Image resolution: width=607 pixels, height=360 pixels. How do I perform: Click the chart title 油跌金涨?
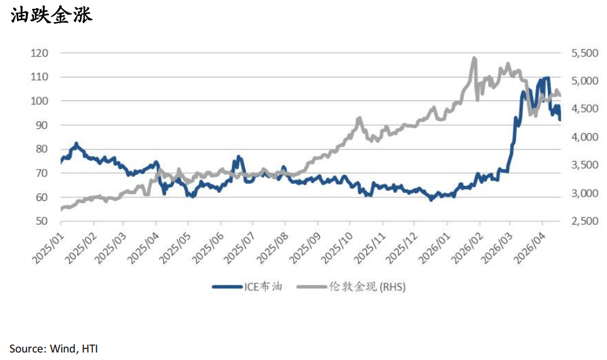[52, 15]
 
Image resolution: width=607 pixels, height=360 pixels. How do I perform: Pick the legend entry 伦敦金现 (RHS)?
[368, 287]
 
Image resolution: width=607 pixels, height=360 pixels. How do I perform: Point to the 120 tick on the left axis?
[39, 53]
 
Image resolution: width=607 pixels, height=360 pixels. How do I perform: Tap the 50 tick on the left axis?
[41, 221]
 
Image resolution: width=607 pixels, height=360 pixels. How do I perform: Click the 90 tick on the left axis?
[41, 125]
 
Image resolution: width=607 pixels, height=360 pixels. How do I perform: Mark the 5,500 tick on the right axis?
[584, 53]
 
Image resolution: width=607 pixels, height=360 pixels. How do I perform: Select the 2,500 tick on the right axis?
[584, 221]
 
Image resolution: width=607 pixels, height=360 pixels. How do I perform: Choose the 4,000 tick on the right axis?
[584, 137]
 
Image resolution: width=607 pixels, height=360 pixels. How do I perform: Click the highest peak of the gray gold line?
[474, 58]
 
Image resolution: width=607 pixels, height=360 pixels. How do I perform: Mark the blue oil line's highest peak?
[547, 78]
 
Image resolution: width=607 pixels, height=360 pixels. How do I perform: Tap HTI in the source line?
[89, 348]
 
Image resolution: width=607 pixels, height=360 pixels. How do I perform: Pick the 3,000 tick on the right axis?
[584, 193]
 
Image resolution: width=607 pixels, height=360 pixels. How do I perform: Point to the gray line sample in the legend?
[312, 287]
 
